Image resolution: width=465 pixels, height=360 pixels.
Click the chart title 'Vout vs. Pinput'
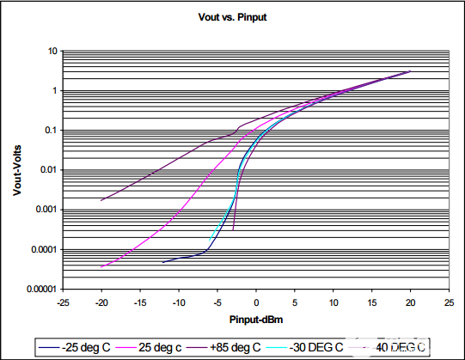[x=233, y=16]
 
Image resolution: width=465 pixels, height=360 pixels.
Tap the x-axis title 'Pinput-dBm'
[x=254, y=319]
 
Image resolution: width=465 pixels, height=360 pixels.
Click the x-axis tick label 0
[x=256, y=303]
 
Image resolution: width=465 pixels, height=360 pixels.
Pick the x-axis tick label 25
[x=450, y=303]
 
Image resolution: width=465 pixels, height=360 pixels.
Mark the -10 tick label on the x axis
[x=179, y=303]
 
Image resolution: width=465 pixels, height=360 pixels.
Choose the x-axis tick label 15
[x=372, y=303]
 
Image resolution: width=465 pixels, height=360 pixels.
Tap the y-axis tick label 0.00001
[x=41, y=290]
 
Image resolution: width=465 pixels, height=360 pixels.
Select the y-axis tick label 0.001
[x=46, y=210]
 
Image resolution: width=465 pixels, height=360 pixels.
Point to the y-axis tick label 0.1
[x=50, y=131]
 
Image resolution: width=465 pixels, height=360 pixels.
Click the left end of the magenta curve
[x=101, y=267]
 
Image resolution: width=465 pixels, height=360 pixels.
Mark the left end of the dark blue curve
[x=163, y=262]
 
